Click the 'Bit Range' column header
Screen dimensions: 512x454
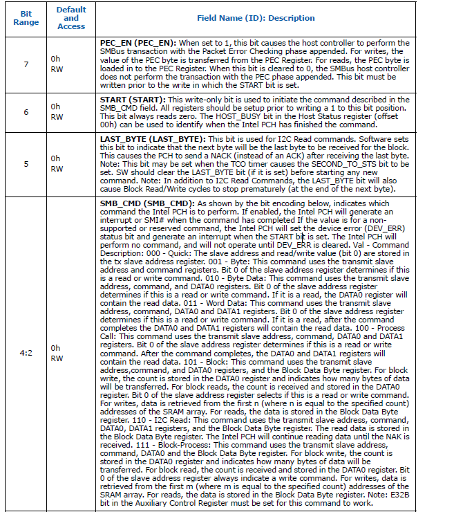(26, 18)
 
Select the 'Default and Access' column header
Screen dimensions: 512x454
(72, 18)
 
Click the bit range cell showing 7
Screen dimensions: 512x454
(26, 64)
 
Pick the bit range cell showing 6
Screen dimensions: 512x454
(26, 112)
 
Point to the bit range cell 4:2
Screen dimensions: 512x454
(26, 352)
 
